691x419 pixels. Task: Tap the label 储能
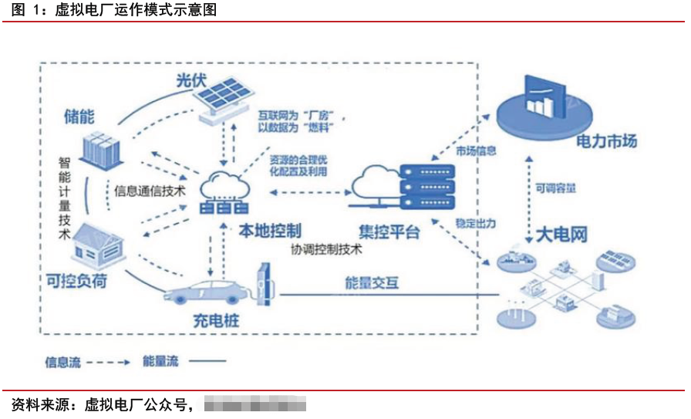pyautogui.click(x=79, y=117)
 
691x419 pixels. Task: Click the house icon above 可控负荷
pyautogui.click(x=97, y=242)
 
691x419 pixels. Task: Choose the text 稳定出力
pyautogui.click(x=476, y=223)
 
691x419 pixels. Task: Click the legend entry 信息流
pyautogui.click(x=62, y=361)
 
